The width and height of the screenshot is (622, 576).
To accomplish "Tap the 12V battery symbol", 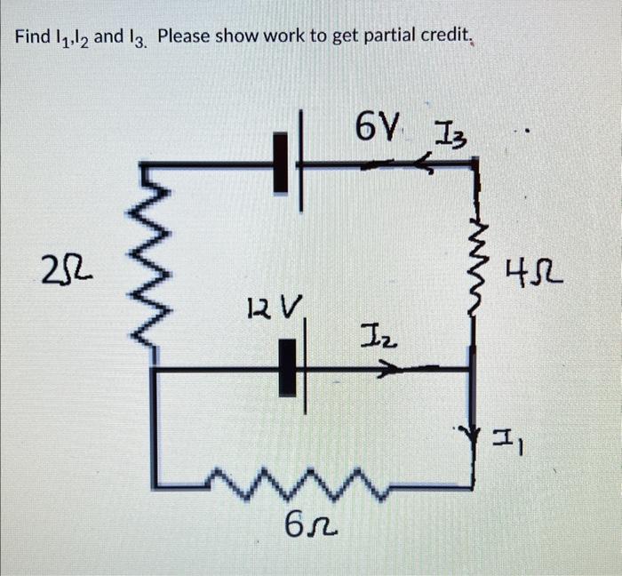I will pyautogui.click(x=290, y=367).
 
